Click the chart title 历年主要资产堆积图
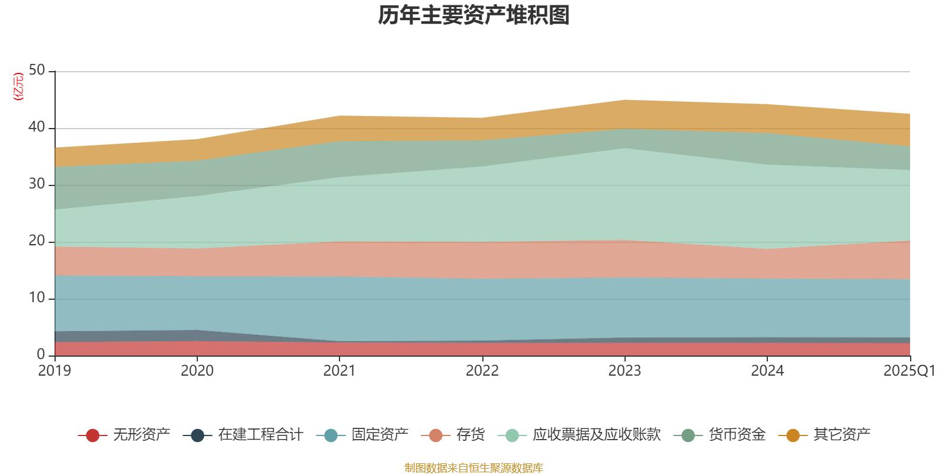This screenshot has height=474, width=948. tap(474, 15)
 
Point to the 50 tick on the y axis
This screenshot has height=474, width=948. tap(37, 71)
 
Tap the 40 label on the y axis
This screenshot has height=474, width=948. tap(37, 127)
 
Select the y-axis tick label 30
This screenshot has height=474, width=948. tap(37, 184)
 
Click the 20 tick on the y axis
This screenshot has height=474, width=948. tap(37, 241)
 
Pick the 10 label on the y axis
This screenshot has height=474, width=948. tap(37, 298)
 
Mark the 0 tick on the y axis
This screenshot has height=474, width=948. tap(41, 354)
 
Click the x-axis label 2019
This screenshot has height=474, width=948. tap(55, 371)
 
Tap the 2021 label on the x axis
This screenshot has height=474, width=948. tap(339, 371)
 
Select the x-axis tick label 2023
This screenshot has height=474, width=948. tap(624, 371)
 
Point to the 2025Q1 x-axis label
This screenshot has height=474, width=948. tap(909, 371)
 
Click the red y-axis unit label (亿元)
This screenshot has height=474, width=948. tap(18, 87)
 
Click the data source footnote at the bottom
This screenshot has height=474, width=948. tap(474, 468)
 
